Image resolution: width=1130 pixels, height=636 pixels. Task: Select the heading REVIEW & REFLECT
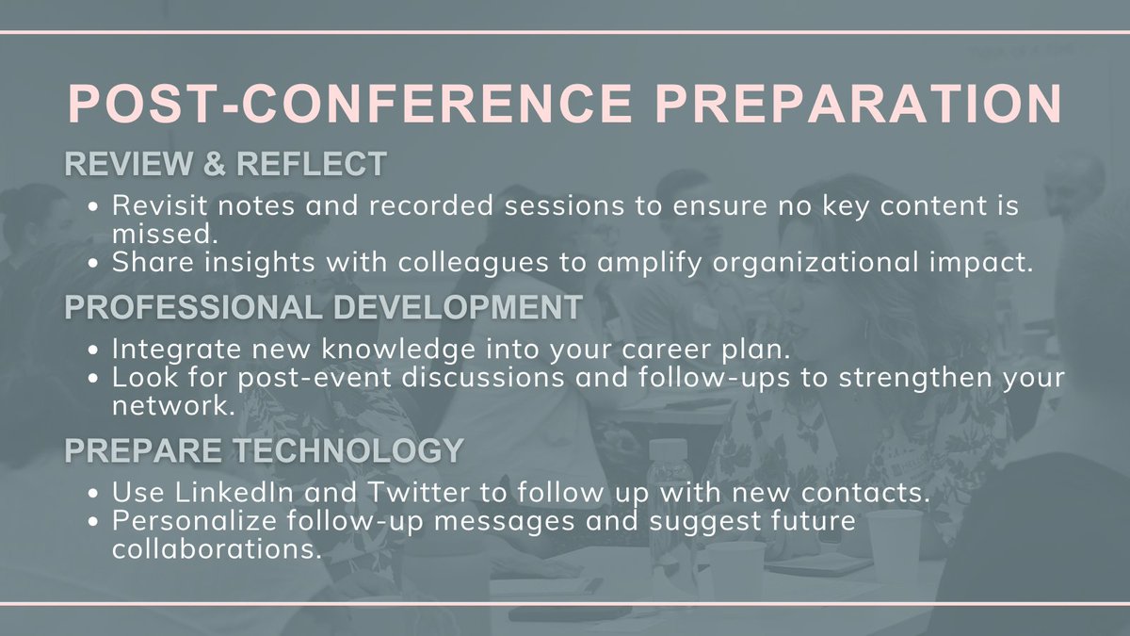point(225,164)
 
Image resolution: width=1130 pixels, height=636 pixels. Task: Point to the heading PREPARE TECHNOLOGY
point(264,451)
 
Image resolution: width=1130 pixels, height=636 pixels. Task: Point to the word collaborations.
point(211,550)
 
